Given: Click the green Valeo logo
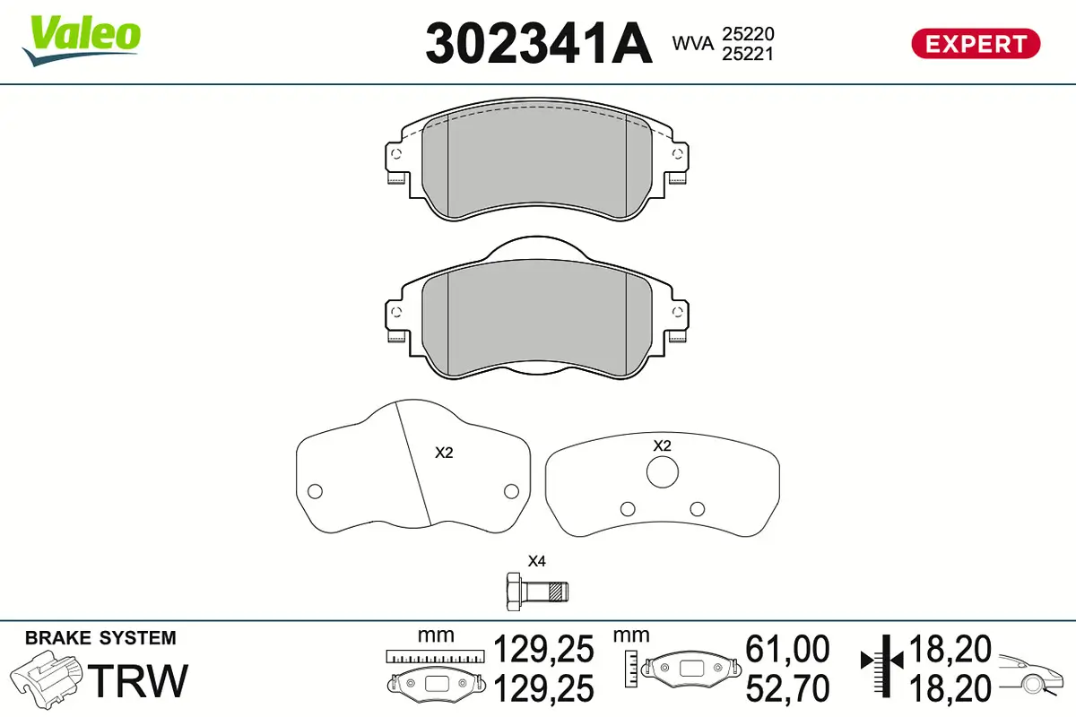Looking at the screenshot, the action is (x=82, y=40).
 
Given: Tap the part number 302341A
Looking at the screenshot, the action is (x=539, y=43).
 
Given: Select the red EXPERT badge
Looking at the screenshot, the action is (x=976, y=44).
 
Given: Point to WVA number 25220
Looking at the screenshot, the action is (x=748, y=34).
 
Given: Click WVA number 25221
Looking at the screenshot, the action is (x=748, y=54).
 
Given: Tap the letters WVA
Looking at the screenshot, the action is (x=692, y=43).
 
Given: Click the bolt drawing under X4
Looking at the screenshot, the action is (x=537, y=592).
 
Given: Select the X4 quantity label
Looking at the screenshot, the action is (x=536, y=561).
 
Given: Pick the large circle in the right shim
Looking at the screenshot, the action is (x=663, y=472).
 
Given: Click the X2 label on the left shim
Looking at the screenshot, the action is (x=444, y=453).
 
